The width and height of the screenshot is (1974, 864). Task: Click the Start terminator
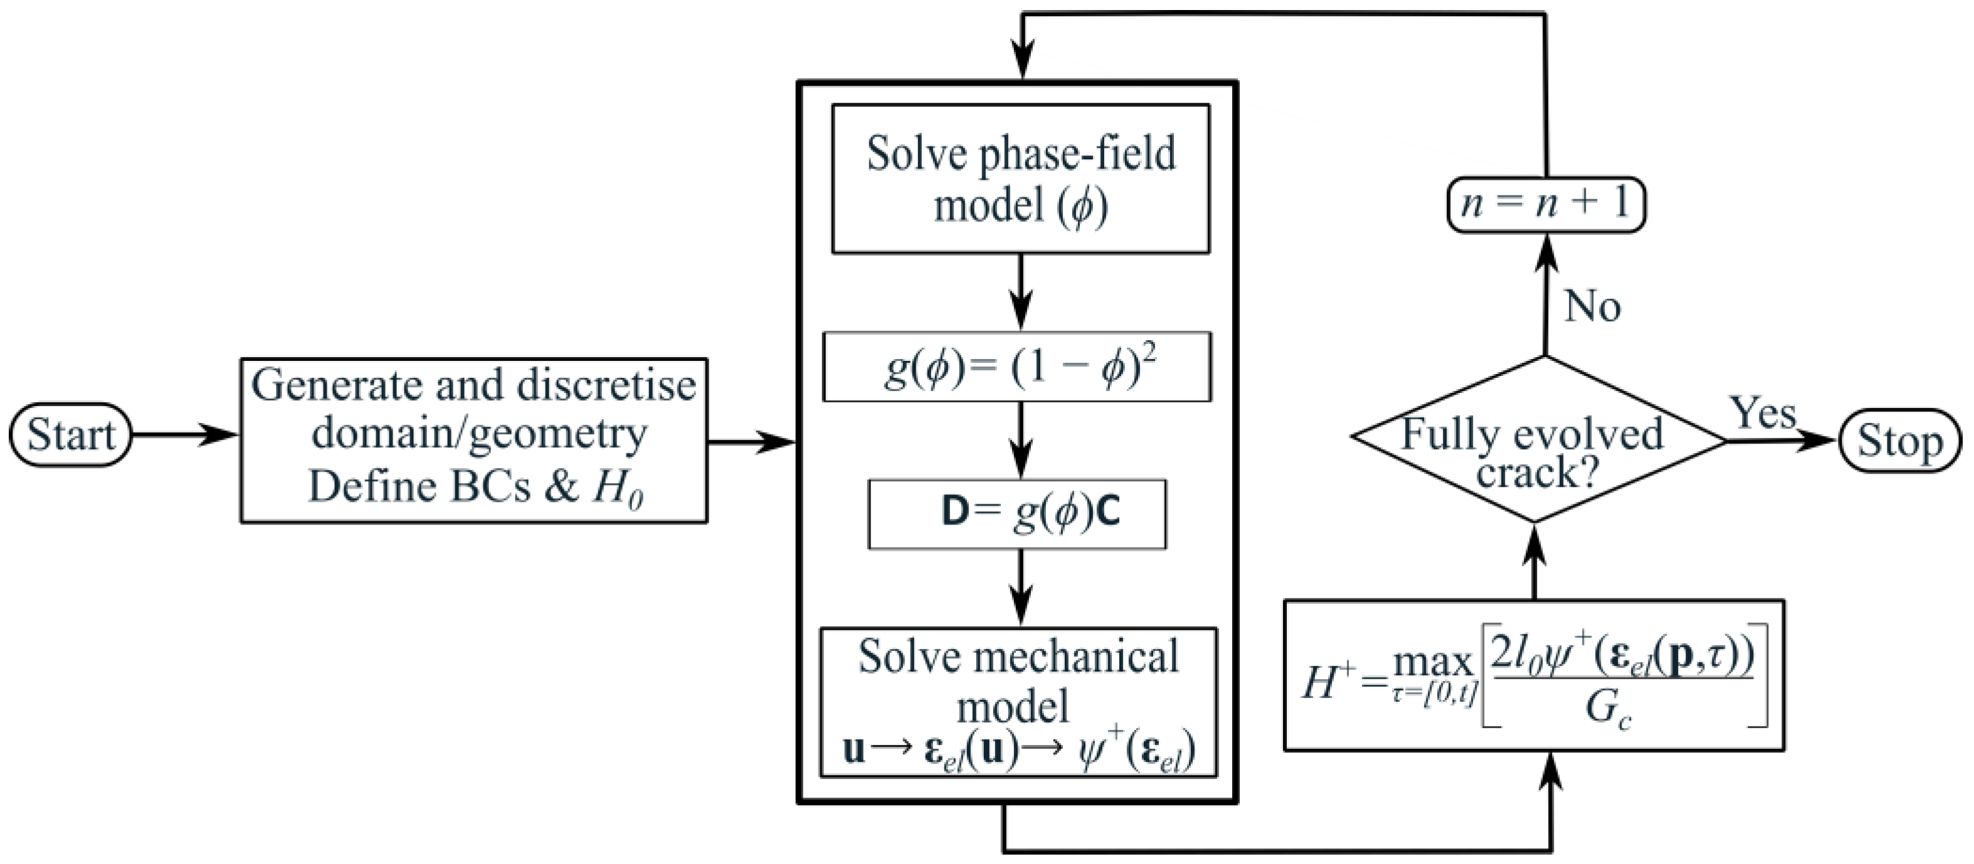coord(70,435)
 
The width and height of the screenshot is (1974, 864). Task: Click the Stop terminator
coord(1899,441)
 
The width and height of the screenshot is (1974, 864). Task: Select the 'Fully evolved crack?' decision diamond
coord(1537,440)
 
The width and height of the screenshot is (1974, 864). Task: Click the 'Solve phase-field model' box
coord(1020,179)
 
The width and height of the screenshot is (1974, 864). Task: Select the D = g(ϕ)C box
coord(1017,514)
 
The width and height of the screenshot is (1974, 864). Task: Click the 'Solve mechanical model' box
coord(1018,702)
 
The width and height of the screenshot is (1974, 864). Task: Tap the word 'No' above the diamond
coord(1592,307)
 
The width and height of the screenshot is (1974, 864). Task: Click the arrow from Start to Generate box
coord(184,435)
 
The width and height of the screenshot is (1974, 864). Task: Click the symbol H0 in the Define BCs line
coord(618,488)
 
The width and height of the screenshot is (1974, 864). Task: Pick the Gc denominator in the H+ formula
coord(1608,710)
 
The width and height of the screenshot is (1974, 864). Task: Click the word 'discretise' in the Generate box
coord(605,385)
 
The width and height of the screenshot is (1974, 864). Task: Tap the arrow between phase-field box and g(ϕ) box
coord(1020,292)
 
